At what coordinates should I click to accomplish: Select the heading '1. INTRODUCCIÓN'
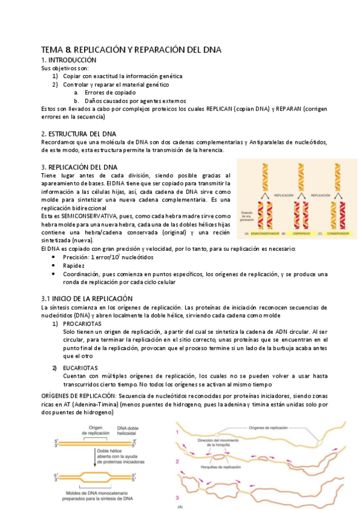69,60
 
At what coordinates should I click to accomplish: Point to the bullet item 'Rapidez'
75,265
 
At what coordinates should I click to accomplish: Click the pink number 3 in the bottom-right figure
177,481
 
